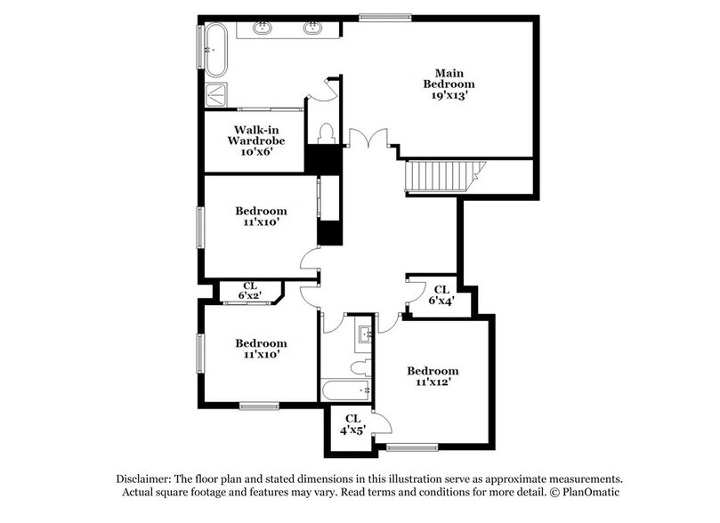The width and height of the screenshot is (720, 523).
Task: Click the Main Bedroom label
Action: pos(450,78)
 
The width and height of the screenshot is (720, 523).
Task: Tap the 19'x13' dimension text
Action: pos(450,95)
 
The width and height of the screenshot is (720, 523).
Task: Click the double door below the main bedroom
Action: pos(367,140)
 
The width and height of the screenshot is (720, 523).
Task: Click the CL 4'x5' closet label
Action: pos(352,423)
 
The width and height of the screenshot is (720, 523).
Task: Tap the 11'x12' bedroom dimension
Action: pos(433,383)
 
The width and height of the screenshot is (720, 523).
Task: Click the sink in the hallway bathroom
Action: pos(364,335)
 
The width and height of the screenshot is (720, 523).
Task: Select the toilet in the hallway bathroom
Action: pos(360,366)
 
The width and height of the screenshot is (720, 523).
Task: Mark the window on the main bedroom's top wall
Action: pos(385,16)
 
